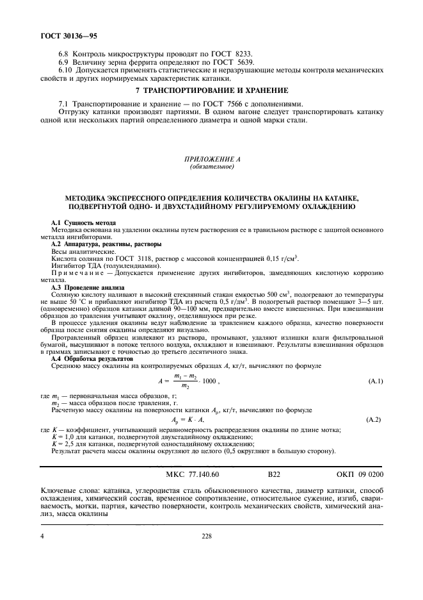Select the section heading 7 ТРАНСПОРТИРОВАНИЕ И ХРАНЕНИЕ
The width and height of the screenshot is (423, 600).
point(211,90)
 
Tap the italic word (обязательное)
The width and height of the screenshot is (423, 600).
point(211,168)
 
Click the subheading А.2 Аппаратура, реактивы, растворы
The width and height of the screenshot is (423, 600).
point(106,246)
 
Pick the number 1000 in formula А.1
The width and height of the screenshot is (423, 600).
point(209,381)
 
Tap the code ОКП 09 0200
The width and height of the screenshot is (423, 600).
point(358,475)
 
